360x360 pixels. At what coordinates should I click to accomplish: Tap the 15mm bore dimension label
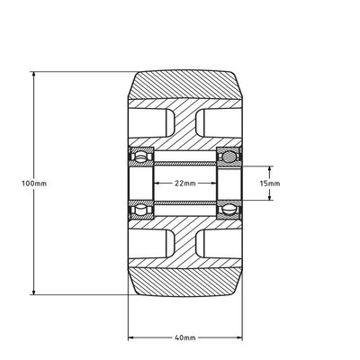coord(269,183)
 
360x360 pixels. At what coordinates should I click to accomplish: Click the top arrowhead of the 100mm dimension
coord(33,74)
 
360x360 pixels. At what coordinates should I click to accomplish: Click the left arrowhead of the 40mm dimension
coord(132,337)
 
